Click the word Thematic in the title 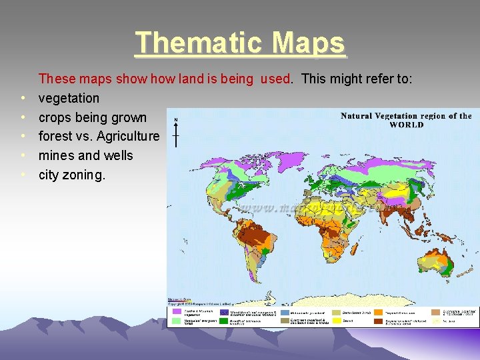point(193,43)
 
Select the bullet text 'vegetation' point(69,98)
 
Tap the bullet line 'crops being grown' point(92,117)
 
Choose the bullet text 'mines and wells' point(85,155)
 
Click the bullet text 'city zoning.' point(72,175)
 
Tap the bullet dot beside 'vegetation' point(23,99)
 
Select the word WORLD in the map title point(406,125)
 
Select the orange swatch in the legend point(378,311)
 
